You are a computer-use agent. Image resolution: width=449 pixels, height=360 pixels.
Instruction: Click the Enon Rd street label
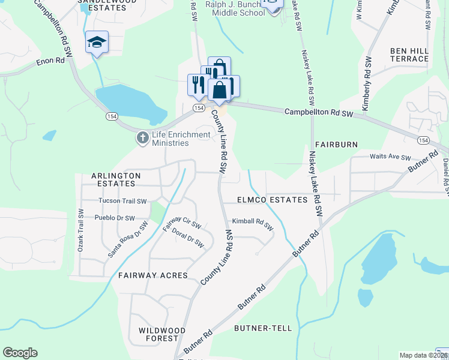tap(50, 61)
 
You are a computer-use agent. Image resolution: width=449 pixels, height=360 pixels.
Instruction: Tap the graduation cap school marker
tap(97, 43)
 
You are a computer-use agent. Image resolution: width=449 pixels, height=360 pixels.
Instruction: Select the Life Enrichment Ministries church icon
tap(142, 139)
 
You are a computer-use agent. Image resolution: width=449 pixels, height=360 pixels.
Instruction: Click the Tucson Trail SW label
tap(122, 201)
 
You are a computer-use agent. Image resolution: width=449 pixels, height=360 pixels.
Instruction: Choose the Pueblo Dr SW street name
tap(115, 218)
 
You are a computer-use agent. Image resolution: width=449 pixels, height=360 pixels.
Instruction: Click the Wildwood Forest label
tap(161, 334)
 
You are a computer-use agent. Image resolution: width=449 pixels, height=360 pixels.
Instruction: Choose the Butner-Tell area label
tap(263, 328)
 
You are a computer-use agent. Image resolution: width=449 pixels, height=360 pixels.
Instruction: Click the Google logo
tap(20, 353)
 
